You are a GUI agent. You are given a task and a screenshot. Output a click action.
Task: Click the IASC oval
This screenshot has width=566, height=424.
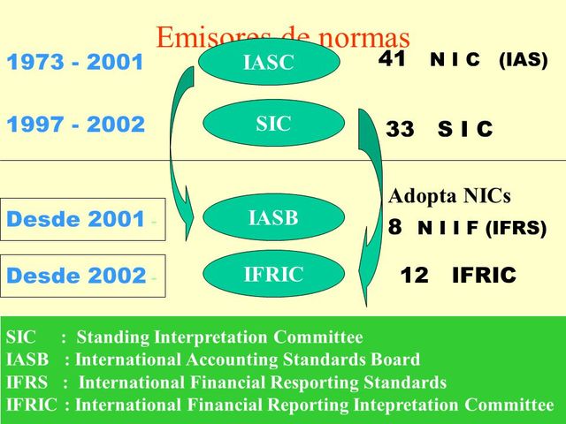pyautogui.click(x=268, y=62)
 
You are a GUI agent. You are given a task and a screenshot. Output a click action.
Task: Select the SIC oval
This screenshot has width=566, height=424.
pyautogui.click(x=273, y=124)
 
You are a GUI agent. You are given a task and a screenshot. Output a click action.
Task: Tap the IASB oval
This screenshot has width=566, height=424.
pyautogui.click(x=273, y=218)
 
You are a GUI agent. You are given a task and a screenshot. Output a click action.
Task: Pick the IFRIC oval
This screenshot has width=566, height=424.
pyautogui.click(x=273, y=275)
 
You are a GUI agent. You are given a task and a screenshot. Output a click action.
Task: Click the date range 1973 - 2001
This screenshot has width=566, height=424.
pyautogui.click(x=75, y=64)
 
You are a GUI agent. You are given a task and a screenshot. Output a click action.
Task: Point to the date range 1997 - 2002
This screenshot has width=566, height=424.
pyautogui.click(x=75, y=125)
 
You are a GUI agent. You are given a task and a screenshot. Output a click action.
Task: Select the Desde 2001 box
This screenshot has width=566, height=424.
pyautogui.click(x=82, y=220)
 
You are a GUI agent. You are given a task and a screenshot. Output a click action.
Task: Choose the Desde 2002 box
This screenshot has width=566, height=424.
pyautogui.click(x=82, y=276)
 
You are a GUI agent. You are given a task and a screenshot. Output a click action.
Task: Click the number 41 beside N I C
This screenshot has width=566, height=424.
pyautogui.click(x=392, y=59)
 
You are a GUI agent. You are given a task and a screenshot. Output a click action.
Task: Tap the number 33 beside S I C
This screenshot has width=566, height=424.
pyautogui.click(x=400, y=130)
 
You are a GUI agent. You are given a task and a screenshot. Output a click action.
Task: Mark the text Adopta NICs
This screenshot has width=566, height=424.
pyautogui.click(x=449, y=196)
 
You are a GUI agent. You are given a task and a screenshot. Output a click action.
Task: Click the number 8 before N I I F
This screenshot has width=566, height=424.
pyautogui.click(x=395, y=227)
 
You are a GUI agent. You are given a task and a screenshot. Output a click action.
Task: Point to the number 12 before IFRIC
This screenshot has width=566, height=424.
pyautogui.click(x=414, y=276)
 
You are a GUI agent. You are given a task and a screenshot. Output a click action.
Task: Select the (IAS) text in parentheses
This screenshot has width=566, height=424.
pyautogui.click(x=523, y=61)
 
